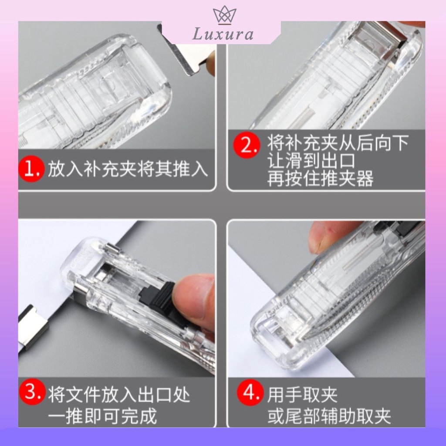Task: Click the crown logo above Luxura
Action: click(225, 15)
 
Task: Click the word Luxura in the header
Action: click(223, 34)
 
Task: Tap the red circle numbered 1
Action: click(31, 169)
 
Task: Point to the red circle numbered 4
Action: click(250, 392)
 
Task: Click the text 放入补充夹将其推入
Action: click(127, 169)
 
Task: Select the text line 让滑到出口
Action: click(311, 161)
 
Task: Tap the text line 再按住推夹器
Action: click(320, 178)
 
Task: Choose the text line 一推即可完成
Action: click(102, 416)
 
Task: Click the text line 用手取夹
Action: click(302, 395)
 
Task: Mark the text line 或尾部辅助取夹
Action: click(329, 416)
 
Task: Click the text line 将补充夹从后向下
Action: click(338, 143)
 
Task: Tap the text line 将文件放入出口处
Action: click(118, 395)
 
